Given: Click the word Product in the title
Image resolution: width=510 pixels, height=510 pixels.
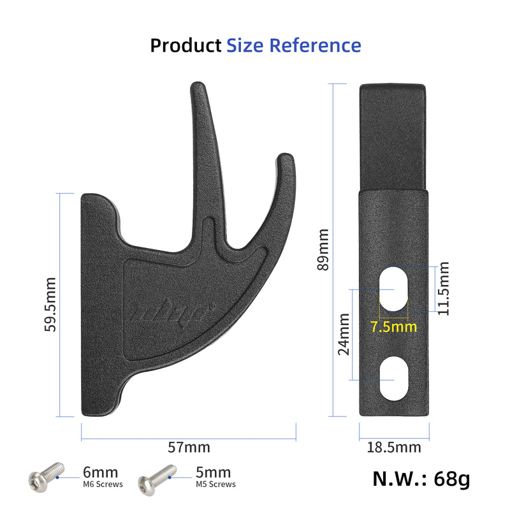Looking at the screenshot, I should click(186, 46).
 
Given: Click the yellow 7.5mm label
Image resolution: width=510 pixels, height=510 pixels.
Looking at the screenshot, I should click(393, 327).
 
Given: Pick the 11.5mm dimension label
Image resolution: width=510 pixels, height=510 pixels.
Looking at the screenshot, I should click(444, 288).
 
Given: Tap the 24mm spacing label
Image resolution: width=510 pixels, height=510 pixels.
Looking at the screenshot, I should click(344, 333).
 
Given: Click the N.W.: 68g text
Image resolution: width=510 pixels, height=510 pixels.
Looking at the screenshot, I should click(421, 479).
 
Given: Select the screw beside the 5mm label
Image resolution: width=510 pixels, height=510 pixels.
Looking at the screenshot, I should click(157, 476).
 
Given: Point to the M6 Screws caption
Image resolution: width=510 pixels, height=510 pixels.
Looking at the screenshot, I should click(103, 484).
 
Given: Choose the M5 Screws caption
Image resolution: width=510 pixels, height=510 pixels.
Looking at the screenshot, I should click(215, 484).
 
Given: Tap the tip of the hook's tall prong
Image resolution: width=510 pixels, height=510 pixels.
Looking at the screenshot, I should click(198, 85).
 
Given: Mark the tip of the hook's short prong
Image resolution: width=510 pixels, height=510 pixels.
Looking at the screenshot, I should click(286, 157).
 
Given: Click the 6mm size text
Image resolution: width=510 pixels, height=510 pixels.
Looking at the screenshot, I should click(101, 472).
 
